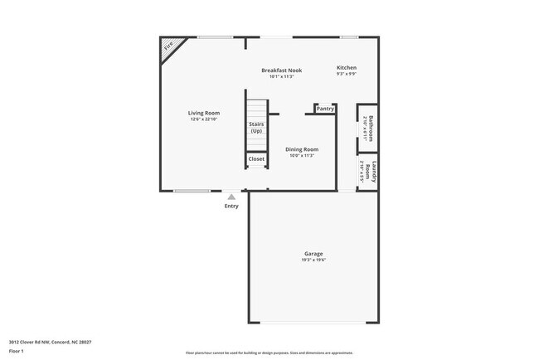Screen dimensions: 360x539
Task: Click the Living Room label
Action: coord(203,113)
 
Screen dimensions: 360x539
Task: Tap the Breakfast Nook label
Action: coord(281,71)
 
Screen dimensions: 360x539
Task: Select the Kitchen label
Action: coord(347,67)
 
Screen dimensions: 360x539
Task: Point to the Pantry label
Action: coord(325,109)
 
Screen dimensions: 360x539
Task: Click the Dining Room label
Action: coord(302,149)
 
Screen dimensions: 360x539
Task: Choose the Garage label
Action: coord(313,254)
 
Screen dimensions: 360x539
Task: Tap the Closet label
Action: coord(256,158)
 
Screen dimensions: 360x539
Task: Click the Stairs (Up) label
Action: coord(256,128)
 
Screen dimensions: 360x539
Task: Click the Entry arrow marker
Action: coord(231,197)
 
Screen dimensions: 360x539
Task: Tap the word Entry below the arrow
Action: coord(231,207)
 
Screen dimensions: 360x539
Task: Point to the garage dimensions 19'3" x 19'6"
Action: coord(313,260)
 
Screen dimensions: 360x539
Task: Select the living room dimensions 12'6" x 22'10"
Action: coord(203,119)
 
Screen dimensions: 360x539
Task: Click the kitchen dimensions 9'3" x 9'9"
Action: coord(347,75)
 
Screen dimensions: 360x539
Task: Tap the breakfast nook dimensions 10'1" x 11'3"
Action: coord(281,77)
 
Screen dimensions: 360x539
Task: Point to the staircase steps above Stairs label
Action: coord(256,109)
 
